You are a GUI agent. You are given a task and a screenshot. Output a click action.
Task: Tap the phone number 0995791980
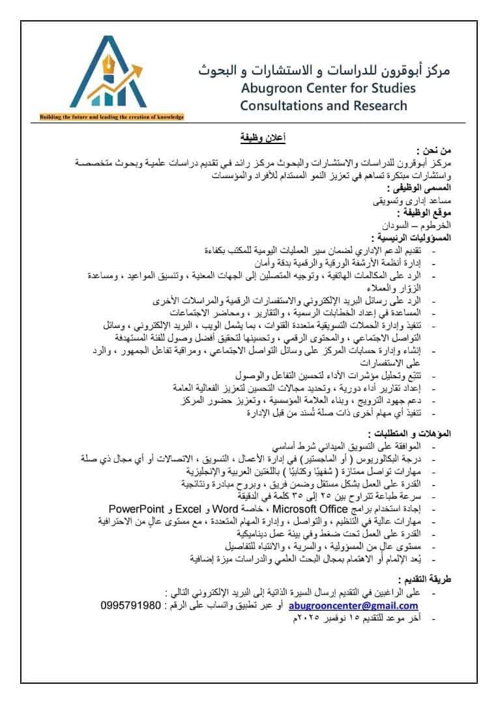pos(131,606)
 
